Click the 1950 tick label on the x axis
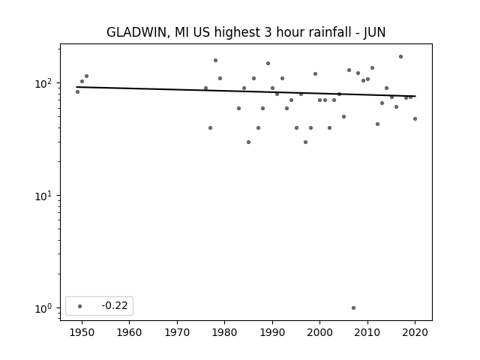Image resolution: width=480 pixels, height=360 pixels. pyautogui.click(x=82, y=332)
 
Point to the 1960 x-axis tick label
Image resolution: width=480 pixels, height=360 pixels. pyautogui.click(x=129, y=332)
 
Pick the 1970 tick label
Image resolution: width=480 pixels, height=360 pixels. pyautogui.click(x=177, y=332)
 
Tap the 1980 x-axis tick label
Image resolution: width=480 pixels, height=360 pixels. pyautogui.click(x=224, y=332)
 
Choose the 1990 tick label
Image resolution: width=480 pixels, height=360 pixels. pyautogui.click(x=272, y=332)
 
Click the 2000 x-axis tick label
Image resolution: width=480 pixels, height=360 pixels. pyautogui.click(x=319, y=332)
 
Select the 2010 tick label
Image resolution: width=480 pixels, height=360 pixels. pyautogui.click(x=367, y=332)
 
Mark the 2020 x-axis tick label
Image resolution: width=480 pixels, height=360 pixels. pyautogui.click(x=415, y=332)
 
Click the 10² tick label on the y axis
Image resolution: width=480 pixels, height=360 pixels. pyautogui.click(x=44, y=83)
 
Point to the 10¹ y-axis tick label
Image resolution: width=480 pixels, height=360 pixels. pyautogui.click(x=44, y=196)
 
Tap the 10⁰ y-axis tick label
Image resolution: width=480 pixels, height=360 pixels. pyautogui.click(x=44, y=308)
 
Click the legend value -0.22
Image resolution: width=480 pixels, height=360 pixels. pyautogui.click(x=115, y=305)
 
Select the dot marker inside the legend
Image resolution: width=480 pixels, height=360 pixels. pyautogui.click(x=80, y=306)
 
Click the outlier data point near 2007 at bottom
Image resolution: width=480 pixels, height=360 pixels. pyautogui.click(x=353, y=308)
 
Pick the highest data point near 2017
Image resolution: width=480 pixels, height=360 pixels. pyautogui.click(x=400, y=57)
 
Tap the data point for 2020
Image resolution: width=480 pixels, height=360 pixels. pyautogui.click(x=415, y=118)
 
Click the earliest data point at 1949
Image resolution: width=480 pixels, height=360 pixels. pyautogui.click(x=77, y=91)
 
